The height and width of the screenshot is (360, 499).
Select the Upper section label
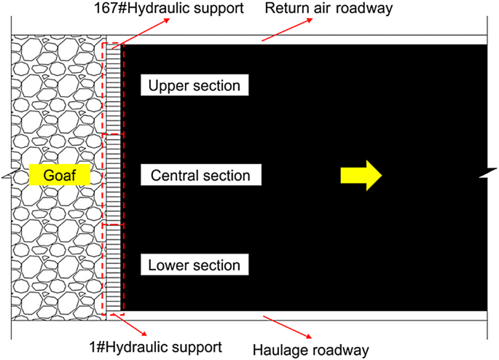click(195, 86)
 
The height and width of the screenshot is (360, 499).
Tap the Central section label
click(200, 176)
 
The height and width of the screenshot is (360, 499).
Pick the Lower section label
click(195, 264)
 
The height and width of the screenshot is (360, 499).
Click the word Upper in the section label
click(167, 86)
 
